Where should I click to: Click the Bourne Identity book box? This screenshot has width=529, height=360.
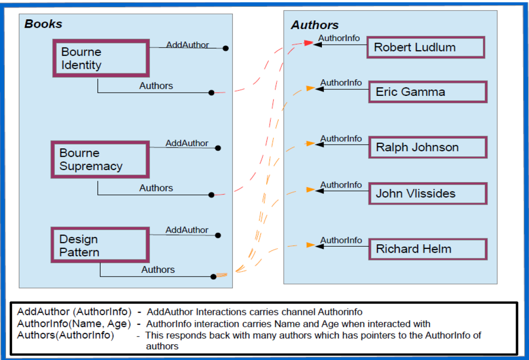[x=101, y=58]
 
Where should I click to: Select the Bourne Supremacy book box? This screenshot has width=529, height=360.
[x=100, y=159]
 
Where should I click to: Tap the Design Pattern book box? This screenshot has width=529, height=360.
[x=100, y=245]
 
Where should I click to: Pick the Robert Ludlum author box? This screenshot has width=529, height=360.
[x=425, y=47]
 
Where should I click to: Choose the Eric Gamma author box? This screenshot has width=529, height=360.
[x=428, y=92]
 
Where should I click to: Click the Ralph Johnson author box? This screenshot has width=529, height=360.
[x=428, y=148]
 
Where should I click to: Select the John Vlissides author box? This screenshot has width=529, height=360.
[x=428, y=194]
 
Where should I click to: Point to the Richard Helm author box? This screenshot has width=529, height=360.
[x=428, y=249]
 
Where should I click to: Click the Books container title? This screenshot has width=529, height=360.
[x=43, y=24]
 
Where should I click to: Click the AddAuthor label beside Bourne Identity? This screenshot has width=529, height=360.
[x=187, y=45]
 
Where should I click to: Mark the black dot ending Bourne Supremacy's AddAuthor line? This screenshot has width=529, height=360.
[x=218, y=148]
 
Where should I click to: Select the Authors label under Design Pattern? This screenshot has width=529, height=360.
[x=158, y=270]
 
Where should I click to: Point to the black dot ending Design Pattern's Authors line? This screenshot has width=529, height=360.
[x=213, y=277]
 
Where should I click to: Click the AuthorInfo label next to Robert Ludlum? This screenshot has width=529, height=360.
[x=339, y=38]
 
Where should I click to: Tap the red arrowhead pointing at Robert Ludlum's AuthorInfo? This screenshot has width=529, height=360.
[x=309, y=43]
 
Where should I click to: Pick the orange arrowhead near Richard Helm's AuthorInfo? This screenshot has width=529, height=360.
[x=311, y=245]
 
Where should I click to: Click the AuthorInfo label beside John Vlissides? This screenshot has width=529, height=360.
[x=341, y=185]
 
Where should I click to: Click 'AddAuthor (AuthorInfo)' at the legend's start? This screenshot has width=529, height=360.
[x=74, y=312]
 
